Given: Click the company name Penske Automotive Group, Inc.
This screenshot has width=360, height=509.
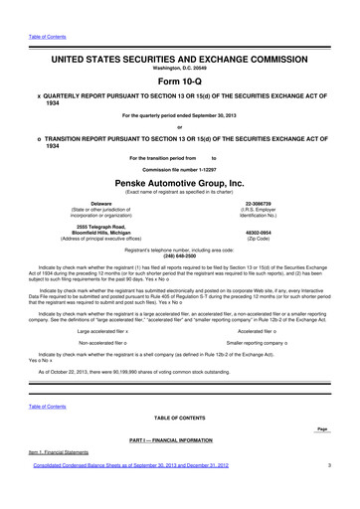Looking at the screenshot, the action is point(179,183).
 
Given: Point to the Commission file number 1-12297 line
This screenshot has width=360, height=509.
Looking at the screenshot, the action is point(179,169).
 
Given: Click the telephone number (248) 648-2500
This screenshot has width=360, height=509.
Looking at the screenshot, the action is point(179,256).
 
